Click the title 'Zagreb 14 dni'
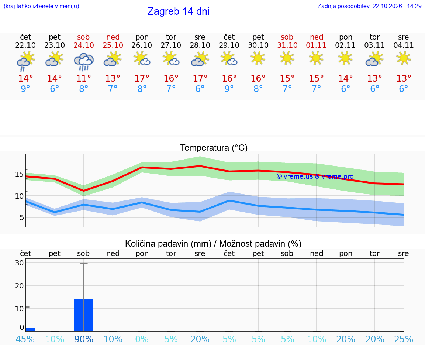(178, 11)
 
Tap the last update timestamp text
(370, 6)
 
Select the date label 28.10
(200, 45)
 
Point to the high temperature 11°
(83, 78)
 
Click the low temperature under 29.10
(229, 89)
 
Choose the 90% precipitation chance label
(84, 339)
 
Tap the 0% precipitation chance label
(142, 339)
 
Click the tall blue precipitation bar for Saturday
(84, 315)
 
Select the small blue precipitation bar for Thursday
(30, 329)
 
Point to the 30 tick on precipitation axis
(19, 263)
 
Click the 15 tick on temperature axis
(19, 174)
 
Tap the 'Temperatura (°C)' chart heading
(214, 148)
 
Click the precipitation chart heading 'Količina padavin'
(168, 244)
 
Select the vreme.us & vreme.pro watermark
(315, 176)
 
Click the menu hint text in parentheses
(41, 6)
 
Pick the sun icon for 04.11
(404, 58)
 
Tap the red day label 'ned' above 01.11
(317, 37)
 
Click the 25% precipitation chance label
(404, 339)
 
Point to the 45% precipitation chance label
(25, 339)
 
